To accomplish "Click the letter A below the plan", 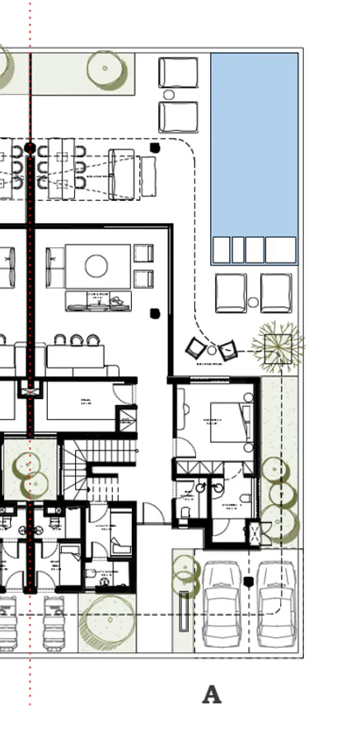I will coord(212,694).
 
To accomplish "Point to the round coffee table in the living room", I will coord(96,266).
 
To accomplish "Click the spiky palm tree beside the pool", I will coord(277,344).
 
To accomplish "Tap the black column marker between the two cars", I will coord(248,582).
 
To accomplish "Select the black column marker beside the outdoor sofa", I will coord(155,147).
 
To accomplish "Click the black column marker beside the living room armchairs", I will coord(154,313).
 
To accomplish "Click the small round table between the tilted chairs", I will coord(212,351).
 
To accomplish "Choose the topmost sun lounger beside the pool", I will coord(179,72).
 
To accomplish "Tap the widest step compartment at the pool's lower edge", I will coord(280,249).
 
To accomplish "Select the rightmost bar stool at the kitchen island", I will coord(90,339).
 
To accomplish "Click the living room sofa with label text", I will coord(99,301).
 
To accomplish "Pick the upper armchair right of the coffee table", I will coord(143,254).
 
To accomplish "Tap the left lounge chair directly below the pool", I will coord(231,292).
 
